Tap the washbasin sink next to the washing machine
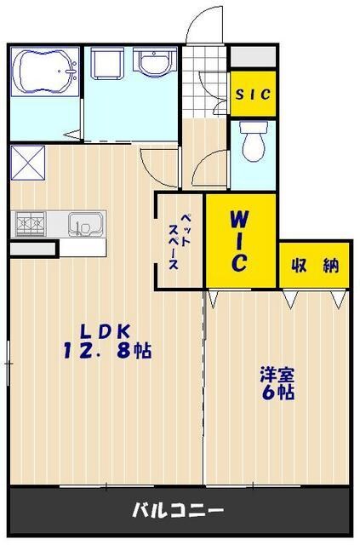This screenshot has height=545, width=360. (x=154, y=63)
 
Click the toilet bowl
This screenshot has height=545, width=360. (x=254, y=141)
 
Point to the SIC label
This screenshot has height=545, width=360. (x=253, y=95)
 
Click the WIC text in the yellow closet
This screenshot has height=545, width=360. (x=240, y=241)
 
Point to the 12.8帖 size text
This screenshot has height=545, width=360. (x=106, y=350)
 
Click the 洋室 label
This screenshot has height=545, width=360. (x=277, y=374)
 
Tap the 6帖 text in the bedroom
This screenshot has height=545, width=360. (x=277, y=393)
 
